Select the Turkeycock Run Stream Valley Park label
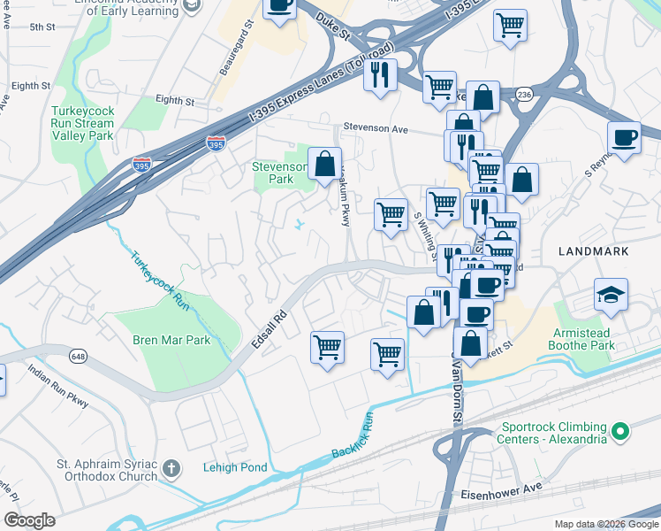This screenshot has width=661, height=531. pyautogui.click(x=82, y=124)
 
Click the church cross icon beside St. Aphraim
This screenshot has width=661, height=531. pyautogui.click(x=172, y=467)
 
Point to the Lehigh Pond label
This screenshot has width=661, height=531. pyautogui.click(x=235, y=467)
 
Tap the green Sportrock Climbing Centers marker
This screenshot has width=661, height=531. pyautogui.click(x=621, y=431)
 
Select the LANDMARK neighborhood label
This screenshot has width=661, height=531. pyautogui.click(x=594, y=251)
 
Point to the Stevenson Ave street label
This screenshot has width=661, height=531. pyautogui.click(x=376, y=128)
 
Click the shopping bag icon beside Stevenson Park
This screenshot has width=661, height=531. pyautogui.click(x=325, y=164)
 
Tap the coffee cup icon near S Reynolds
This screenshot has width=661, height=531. pyautogui.click(x=624, y=138)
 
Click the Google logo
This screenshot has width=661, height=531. pyautogui.click(x=29, y=519)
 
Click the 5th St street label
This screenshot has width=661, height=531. pyautogui.click(x=42, y=27)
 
